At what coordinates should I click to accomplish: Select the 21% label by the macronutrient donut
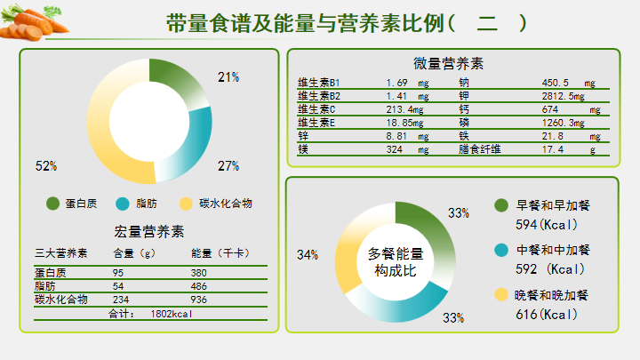coord(228,77)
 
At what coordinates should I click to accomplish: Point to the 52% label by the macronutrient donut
coord(46,165)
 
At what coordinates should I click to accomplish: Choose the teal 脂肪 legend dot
coord(122,204)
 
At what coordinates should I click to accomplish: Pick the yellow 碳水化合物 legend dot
coord(186,204)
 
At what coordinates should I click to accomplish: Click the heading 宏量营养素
coord(149,232)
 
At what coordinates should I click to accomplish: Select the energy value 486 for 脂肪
coord(199,286)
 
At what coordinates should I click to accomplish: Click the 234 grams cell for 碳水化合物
coord(121,300)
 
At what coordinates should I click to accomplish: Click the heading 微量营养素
coord(448,64)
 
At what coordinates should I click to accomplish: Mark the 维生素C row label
coord(316,110)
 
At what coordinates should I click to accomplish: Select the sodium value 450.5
coord(560,83)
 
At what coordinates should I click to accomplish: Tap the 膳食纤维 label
coord(480,149)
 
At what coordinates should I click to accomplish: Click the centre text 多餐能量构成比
coord(396,261)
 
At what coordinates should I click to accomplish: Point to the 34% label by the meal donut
coord(308,255)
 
